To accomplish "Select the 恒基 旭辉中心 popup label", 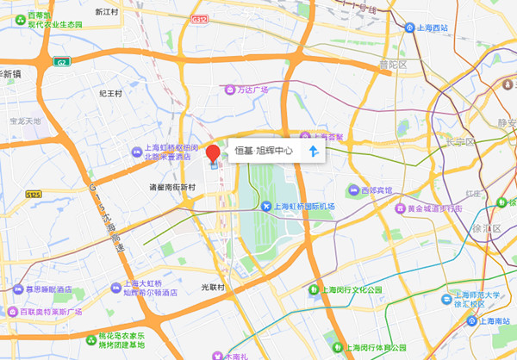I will pyautogui.click(x=264, y=151).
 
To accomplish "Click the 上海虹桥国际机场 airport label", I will pyautogui.click(x=303, y=207).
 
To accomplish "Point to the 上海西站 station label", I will pyautogui.click(x=433, y=28).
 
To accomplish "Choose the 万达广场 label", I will pyautogui.click(x=252, y=90).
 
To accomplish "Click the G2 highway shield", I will pyautogui.click(x=61, y=62).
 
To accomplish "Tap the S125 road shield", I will pyautogui.click(x=34, y=195).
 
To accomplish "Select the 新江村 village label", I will pyautogui.click(x=107, y=12).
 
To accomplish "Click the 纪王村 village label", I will pyautogui.click(x=112, y=92).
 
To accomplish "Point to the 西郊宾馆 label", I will pyautogui.click(x=376, y=189).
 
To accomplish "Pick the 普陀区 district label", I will pyautogui.click(x=391, y=65).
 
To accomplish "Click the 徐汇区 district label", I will pyautogui.click(x=485, y=228).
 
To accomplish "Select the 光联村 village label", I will pyautogui.click(x=212, y=286).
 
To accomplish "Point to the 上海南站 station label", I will pyautogui.click(x=494, y=320).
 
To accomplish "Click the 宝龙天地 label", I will pyautogui.click(x=25, y=121).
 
